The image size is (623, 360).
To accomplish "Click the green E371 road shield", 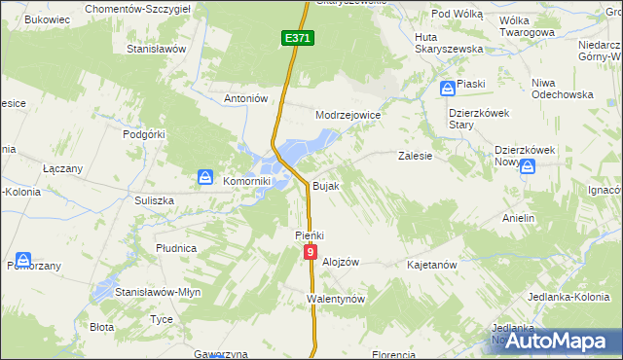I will pyautogui.click(x=299, y=38).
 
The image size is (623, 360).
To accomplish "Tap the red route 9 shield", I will pyautogui.click(x=310, y=252).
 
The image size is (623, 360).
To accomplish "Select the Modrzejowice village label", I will pyautogui.click(x=348, y=115).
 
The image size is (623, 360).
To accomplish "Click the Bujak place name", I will pyautogui.click(x=326, y=186).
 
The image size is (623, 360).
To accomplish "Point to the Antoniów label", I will pyautogui.click(x=245, y=98).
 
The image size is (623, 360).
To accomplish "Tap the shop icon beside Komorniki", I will pyautogui.click(x=205, y=177).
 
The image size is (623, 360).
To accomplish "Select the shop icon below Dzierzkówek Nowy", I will pyautogui.click(x=527, y=167).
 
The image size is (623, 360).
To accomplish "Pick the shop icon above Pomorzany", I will pyautogui.click(x=21, y=261).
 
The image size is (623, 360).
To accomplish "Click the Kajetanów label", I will pyautogui.click(x=432, y=265).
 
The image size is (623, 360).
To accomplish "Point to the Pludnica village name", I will pyautogui.click(x=176, y=248).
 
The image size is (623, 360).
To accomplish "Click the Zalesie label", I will pyautogui.click(x=416, y=155).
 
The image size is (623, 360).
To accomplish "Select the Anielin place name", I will pyautogui.click(x=519, y=218).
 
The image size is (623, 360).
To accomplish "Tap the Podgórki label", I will pyautogui.click(x=145, y=135).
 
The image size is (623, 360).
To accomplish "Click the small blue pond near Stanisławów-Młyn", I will pyautogui.click(x=103, y=291).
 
